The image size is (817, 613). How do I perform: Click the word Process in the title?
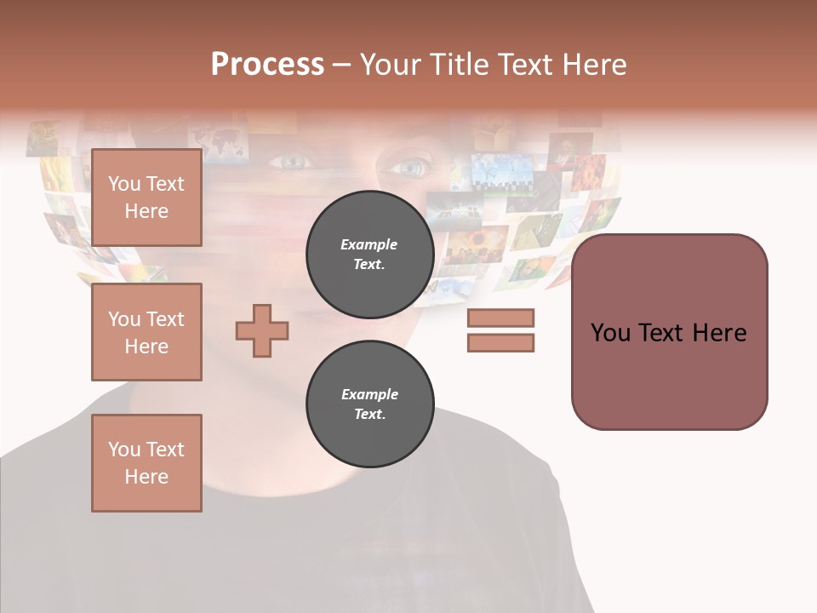click(x=267, y=64)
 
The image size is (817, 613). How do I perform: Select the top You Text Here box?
click(x=146, y=198)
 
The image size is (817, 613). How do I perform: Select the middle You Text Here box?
click(x=146, y=332)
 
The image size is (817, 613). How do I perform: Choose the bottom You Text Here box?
click(x=146, y=463)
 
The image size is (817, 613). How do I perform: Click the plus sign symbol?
click(x=262, y=330)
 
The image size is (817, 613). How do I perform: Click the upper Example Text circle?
click(x=369, y=254)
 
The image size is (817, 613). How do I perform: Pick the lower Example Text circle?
click(x=369, y=404)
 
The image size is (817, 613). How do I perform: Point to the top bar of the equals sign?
click(x=500, y=318)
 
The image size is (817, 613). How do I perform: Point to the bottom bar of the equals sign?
click(x=500, y=342)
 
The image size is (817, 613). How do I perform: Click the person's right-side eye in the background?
click(x=408, y=166)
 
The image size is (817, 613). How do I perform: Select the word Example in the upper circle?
click(x=369, y=244)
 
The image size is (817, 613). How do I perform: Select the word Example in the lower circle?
click(x=369, y=394)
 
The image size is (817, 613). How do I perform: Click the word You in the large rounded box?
click(x=611, y=332)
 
